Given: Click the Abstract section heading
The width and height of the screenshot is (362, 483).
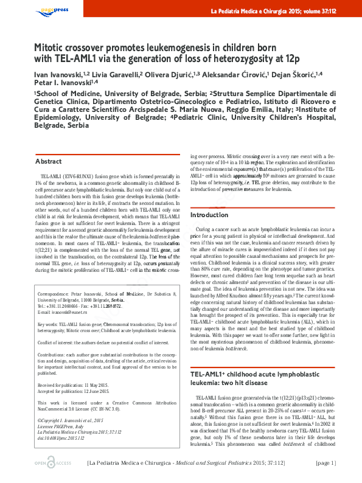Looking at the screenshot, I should pyautogui.click(x=48, y=161).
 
